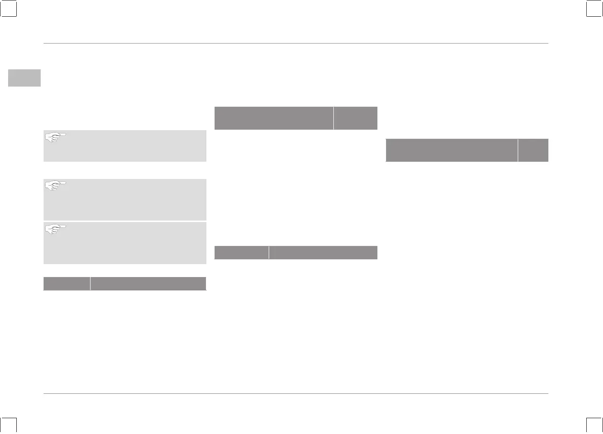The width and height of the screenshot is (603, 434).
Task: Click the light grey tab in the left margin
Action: (24, 78)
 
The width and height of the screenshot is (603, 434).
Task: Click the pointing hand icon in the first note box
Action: (56, 137)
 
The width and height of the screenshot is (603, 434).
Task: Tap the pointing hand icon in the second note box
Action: (56, 186)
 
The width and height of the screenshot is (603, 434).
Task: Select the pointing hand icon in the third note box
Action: (56, 229)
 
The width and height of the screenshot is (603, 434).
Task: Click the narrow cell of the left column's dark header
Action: (67, 283)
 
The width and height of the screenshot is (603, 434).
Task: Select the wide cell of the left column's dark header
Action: (148, 283)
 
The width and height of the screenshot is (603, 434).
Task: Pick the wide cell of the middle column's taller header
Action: (273, 118)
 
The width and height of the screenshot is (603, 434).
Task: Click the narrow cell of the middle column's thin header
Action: (241, 252)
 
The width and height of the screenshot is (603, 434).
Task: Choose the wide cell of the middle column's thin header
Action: (323, 252)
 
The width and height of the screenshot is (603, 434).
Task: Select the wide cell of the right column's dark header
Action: (452, 150)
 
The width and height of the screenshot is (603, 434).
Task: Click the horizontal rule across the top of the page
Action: (296, 44)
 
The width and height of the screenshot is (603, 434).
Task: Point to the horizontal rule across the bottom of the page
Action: (296, 394)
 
